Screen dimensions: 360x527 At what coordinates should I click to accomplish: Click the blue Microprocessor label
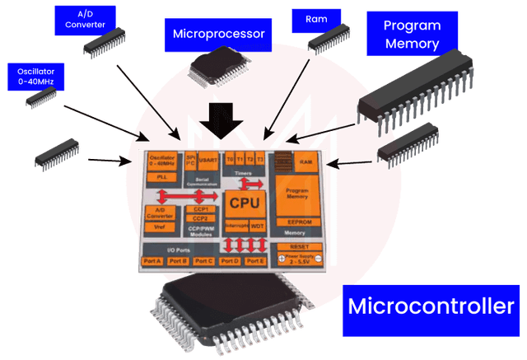[218, 35]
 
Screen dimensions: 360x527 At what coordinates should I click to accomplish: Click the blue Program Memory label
[411, 34]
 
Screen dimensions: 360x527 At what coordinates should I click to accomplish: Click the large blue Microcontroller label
[431, 306]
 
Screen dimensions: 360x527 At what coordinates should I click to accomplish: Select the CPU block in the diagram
[245, 203]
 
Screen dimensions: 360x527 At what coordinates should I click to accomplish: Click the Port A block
[152, 261]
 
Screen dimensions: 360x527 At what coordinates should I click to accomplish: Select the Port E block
[254, 261]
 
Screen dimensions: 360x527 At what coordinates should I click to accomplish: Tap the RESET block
[299, 245]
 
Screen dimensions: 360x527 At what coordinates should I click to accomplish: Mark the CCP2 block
[199, 218]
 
